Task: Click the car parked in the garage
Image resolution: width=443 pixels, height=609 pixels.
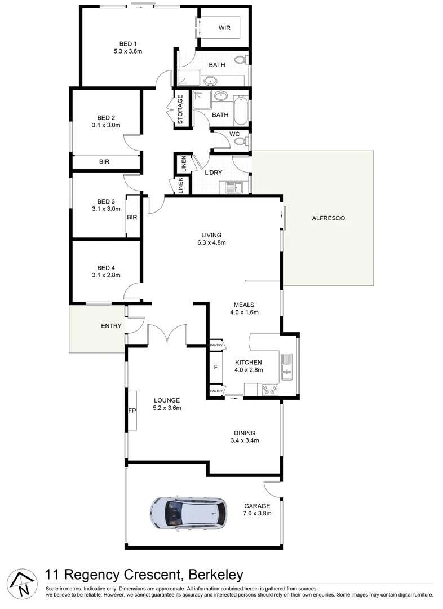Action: tap(188, 514)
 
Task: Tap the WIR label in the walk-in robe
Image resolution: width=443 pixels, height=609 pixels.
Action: tap(225, 27)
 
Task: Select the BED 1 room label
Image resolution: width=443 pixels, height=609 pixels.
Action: tap(128, 44)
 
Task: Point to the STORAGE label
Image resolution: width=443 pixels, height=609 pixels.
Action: tap(180, 109)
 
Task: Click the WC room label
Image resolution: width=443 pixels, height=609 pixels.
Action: tap(234, 134)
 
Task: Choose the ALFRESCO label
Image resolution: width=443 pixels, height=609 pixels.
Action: tap(327, 218)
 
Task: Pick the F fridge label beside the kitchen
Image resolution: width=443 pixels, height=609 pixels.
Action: tap(215, 368)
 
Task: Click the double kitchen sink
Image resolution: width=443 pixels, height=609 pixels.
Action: tap(287, 365)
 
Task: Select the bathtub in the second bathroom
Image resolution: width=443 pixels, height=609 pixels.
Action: tap(241, 110)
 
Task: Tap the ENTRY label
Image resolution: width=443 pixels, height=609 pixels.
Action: tap(111, 326)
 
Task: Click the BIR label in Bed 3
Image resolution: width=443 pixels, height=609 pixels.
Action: tap(132, 217)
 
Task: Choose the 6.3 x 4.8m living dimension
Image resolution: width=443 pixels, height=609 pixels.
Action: tap(211, 243)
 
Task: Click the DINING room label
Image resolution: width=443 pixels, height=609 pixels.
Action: tap(245, 433)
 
